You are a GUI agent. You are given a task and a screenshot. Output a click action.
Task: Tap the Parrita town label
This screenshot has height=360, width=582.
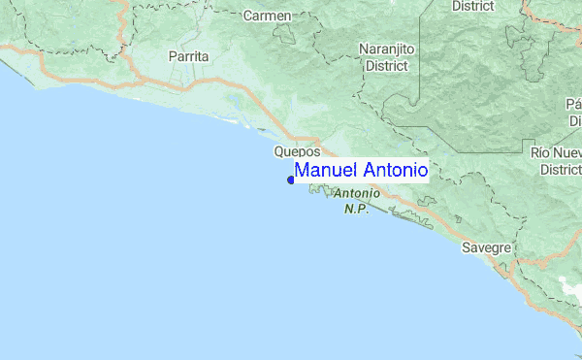pos(188,57)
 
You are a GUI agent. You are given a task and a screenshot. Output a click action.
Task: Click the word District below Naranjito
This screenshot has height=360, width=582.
pos(386,67)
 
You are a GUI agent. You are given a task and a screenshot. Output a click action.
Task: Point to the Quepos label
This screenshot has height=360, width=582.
pos(297,152)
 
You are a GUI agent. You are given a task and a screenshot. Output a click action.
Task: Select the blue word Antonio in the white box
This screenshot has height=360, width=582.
pos(392,171)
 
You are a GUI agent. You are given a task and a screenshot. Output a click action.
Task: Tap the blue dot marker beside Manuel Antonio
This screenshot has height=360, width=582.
pos(291,180)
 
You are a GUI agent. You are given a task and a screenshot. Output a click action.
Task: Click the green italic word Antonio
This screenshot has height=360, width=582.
pos(356,194)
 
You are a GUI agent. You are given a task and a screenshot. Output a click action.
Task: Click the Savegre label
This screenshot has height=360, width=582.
pos(486,247)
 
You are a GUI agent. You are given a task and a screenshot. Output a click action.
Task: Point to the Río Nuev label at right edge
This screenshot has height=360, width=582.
pos(556,153)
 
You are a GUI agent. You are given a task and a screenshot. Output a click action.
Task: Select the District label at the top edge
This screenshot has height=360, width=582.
pos(473,6)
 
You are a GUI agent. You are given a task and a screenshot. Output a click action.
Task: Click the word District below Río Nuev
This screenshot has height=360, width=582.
pos(560,169)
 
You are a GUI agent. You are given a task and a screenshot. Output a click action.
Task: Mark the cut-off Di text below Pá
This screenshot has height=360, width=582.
pos(574,120)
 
